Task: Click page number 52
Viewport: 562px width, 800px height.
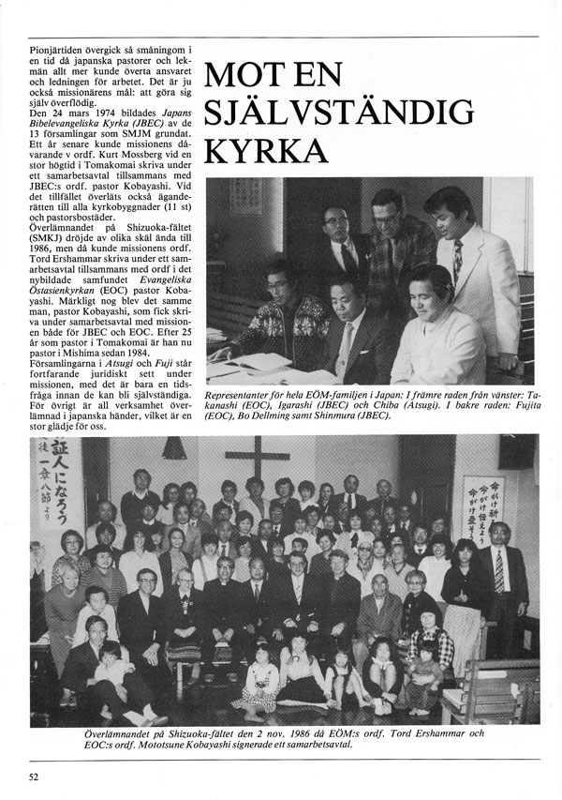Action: coord(34,777)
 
